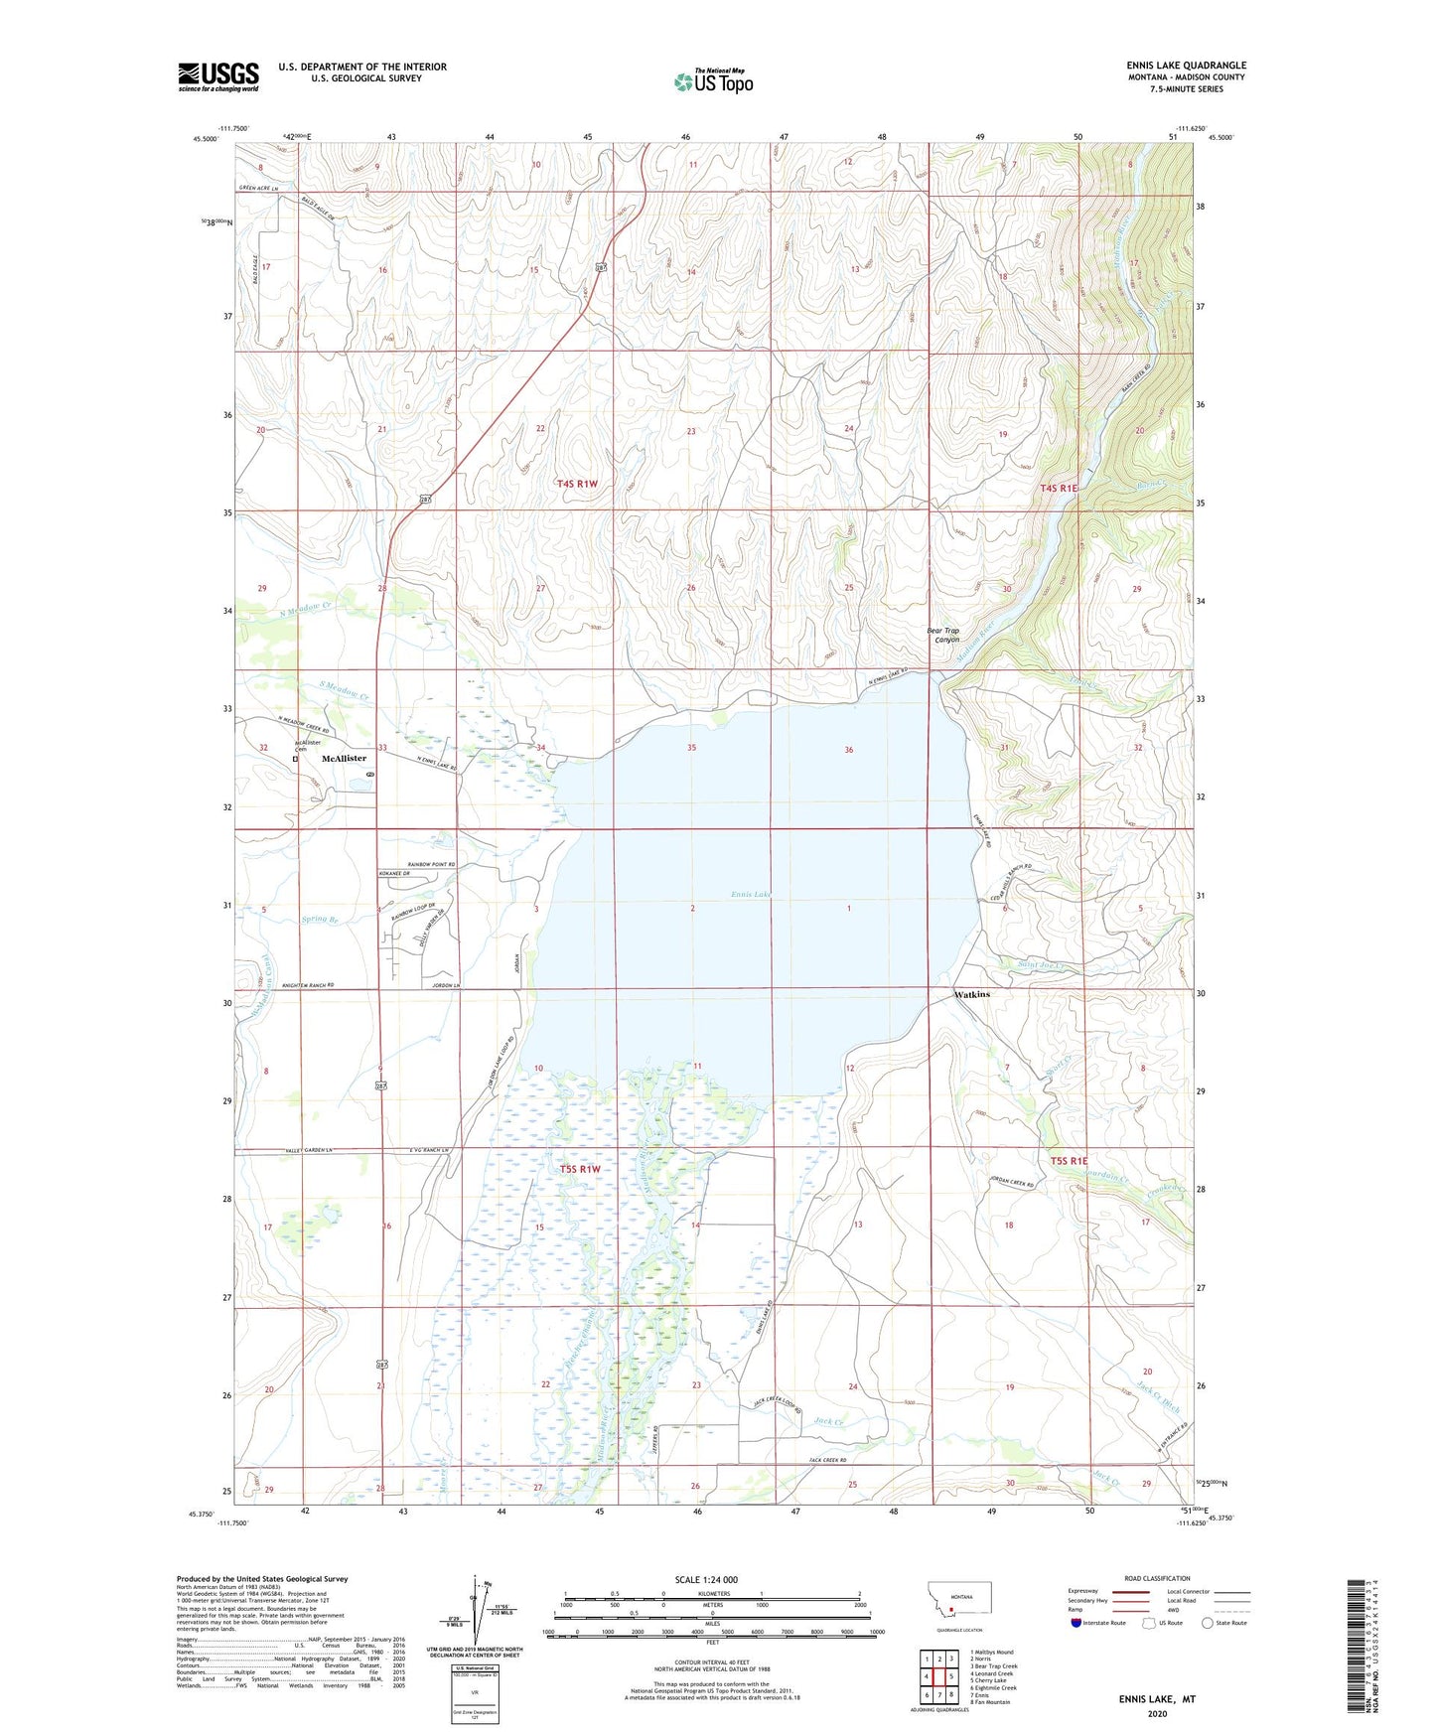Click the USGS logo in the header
[x=217, y=76]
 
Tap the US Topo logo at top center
[x=713, y=81]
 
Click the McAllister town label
[x=344, y=758]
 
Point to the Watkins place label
[x=971, y=994]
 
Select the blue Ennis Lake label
[x=751, y=894]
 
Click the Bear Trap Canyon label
[x=942, y=635]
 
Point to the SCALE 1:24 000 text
[x=706, y=1580]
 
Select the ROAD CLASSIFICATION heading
[x=1157, y=1578]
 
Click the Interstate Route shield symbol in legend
[x=1076, y=1623]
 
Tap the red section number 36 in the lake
[x=848, y=750]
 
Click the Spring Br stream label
[x=321, y=920]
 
